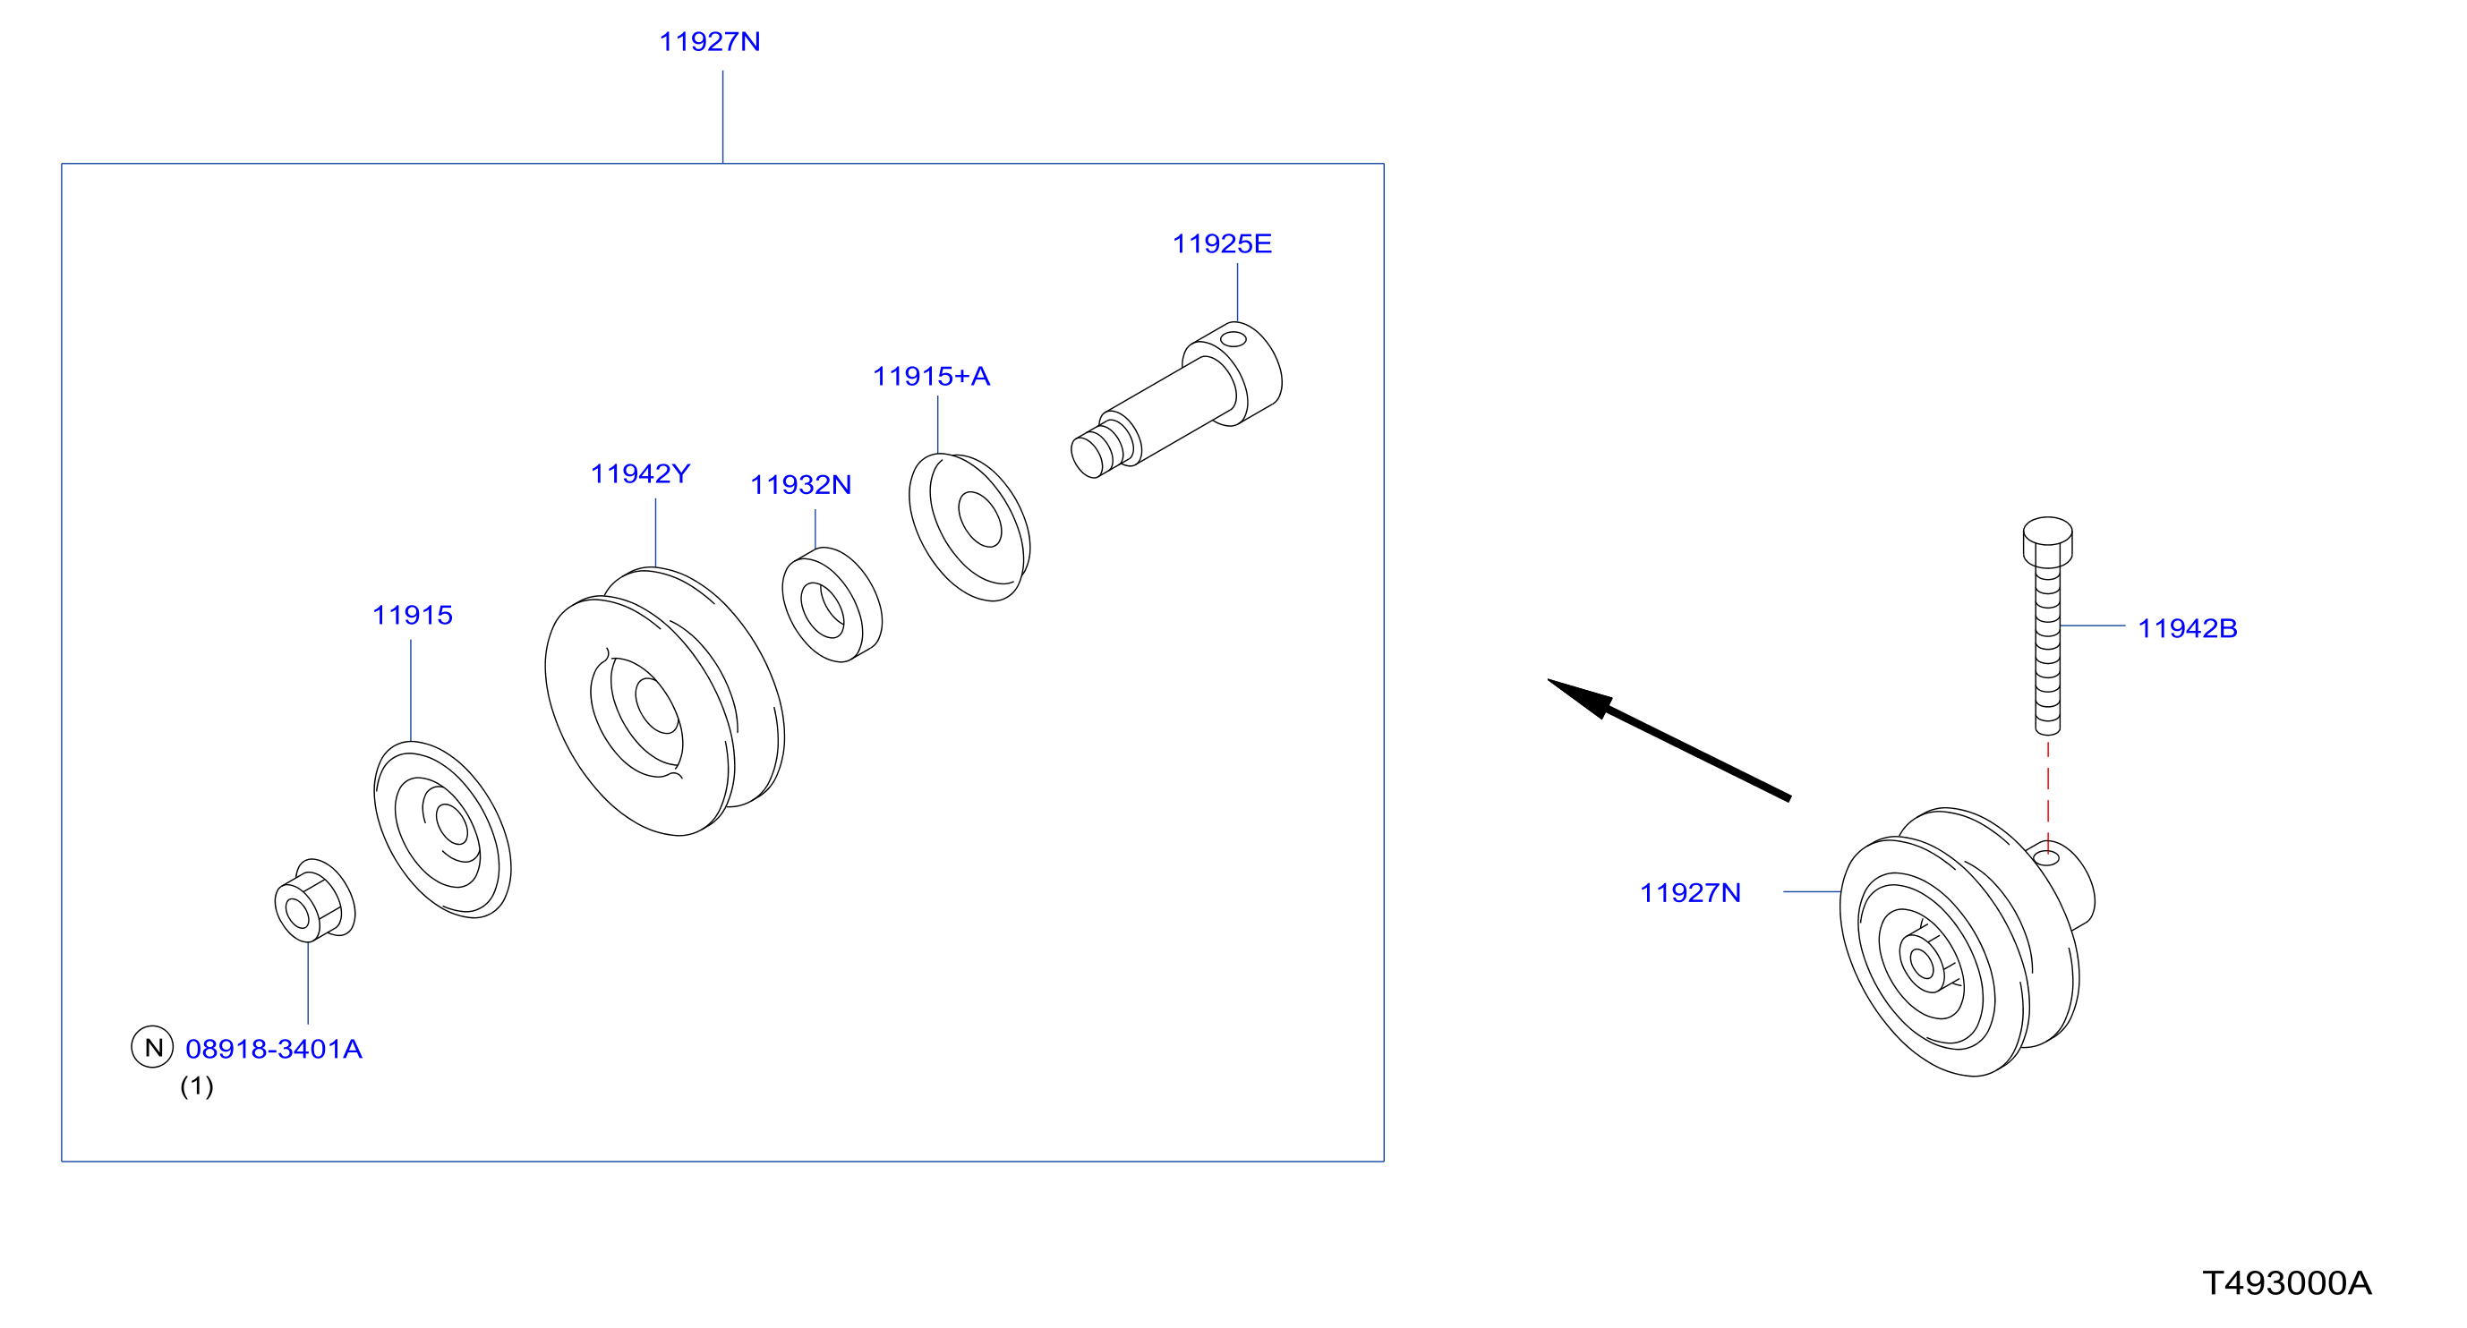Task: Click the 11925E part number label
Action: pyautogui.click(x=1222, y=244)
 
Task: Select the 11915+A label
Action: pyautogui.click(x=931, y=376)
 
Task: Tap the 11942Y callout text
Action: pyautogui.click(x=640, y=474)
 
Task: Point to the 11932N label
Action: pyautogui.click(x=800, y=485)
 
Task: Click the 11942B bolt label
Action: pyautogui.click(x=2188, y=629)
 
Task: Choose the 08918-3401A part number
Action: pyautogui.click(x=274, y=1050)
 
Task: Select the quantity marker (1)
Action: pyautogui.click(x=197, y=1086)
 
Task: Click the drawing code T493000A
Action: pyautogui.click(x=2287, y=1284)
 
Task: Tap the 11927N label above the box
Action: pyautogui.click(x=710, y=42)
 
